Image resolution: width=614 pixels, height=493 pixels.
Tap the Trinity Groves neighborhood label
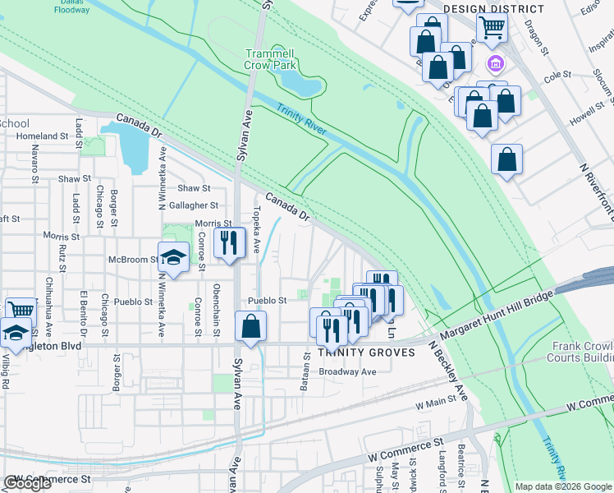point(357,352)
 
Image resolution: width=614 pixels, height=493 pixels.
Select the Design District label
point(482,8)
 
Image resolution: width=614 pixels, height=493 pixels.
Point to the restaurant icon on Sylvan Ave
point(229,242)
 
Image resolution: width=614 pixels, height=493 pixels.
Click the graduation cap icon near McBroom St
point(173,257)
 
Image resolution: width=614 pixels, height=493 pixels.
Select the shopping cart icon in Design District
point(491,26)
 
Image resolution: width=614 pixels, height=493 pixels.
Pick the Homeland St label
point(42,136)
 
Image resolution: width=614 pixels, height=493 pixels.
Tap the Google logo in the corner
point(26,484)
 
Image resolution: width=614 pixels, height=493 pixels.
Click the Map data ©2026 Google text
point(563,486)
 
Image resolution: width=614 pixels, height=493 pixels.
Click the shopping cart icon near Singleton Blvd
point(21,311)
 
